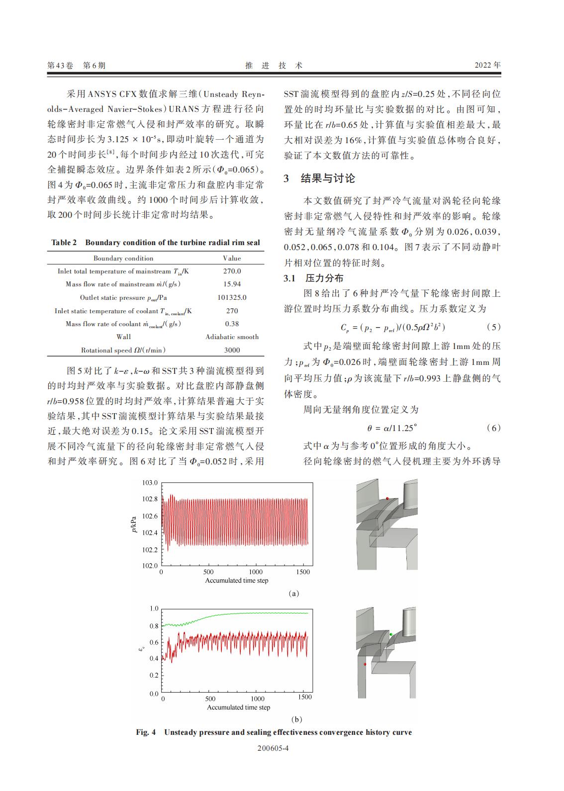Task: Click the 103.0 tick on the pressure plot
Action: (x=150, y=483)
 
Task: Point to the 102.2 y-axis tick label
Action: (x=150, y=549)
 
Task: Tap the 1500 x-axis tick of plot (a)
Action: (x=302, y=572)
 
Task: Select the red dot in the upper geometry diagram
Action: (x=387, y=498)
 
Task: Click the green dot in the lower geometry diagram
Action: (x=391, y=634)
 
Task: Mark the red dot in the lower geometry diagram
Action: (x=365, y=664)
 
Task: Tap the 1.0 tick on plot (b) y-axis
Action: (x=154, y=609)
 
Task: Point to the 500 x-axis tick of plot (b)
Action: (x=210, y=699)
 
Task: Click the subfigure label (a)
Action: (x=293, y=594)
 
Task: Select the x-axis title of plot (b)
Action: (x=239, y=707)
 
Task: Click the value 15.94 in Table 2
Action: (x=232, y=284)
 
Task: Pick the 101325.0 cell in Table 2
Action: (x=232, y=297)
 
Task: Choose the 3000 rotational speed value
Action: (x=232, y=350)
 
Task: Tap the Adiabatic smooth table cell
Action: (x=232, y=337)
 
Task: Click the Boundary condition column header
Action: (x=123, y=258)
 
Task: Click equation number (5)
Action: (x=492, y=327)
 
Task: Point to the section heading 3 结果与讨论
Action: (x=319, y=178)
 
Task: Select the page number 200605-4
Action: (x=274, y=748)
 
